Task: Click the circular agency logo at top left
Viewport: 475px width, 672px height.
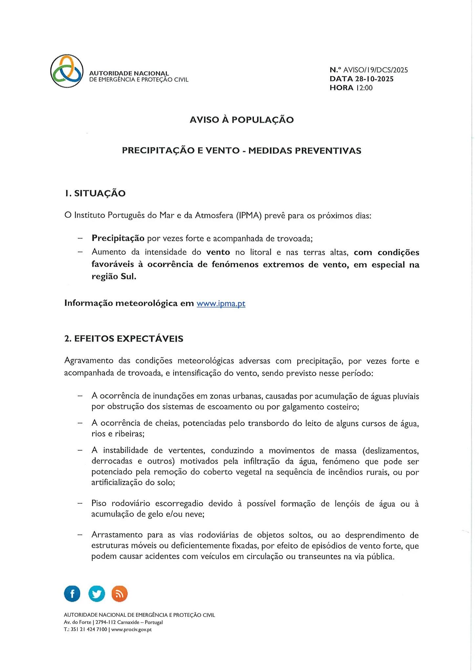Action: point(67,71)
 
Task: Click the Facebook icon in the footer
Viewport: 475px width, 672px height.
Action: point(72,594)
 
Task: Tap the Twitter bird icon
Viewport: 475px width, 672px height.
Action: point(96,594)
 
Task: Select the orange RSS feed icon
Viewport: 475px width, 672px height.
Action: point(120,594)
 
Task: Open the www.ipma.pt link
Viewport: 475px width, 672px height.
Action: point(221,304)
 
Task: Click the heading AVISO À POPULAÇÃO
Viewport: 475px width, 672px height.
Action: point(241,120)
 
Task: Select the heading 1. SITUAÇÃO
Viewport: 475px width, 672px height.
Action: point(95,193)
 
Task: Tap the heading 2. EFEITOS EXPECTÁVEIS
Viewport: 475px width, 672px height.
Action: point(124,339)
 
